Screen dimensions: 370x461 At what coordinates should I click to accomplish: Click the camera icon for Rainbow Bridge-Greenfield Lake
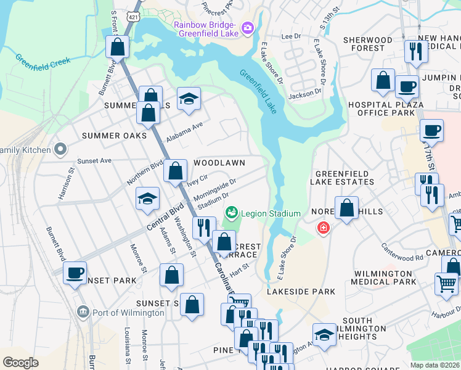coord(248,27)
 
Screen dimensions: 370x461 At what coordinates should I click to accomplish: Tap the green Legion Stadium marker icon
coord(232,213)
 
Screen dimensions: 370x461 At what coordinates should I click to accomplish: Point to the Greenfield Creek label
coord(43,63)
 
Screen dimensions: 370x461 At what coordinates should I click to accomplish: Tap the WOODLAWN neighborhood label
coord(219,163)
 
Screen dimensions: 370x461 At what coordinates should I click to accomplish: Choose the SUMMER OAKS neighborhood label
coord(114,135)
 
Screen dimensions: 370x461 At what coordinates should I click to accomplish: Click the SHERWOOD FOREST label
coord(368,44)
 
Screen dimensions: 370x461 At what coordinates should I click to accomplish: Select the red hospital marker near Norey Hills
coord(323,229)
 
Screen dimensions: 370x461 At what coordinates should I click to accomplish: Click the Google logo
coord(20,363)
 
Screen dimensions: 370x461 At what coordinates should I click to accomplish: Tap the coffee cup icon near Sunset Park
coord(75,272)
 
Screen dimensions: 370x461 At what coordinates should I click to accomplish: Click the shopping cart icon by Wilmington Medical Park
coord(446,284)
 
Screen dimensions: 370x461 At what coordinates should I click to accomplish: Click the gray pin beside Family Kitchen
coord(60,149)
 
